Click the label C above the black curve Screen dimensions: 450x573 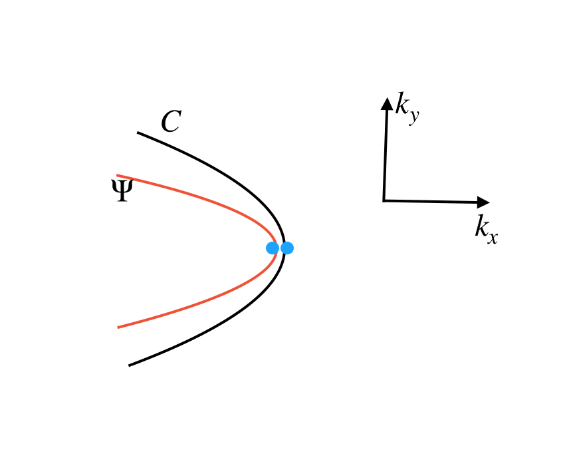point(171,122)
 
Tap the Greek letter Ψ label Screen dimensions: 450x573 point(121,191)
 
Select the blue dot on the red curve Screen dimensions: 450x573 point(273,248)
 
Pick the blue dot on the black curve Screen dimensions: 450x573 point(287,248)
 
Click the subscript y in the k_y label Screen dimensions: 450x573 point(413,117)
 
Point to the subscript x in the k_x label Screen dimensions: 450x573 point(492,236)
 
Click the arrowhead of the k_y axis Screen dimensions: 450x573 point(386,103)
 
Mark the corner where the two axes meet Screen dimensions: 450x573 point(384,200)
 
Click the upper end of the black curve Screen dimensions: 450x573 point(138,133)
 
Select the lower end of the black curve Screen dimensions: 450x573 point(130,365)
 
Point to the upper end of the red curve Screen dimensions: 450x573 point(118,175)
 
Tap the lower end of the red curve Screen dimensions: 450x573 point(118,327)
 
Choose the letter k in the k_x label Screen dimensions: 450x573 point(481,227)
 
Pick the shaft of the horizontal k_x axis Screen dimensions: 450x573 point(432,201)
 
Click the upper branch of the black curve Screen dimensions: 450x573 point(219,170)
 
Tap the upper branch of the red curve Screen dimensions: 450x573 point(199,198)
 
